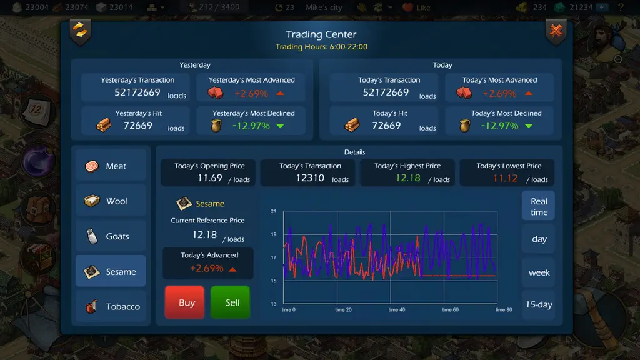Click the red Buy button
tap(184, 302)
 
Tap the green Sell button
tap(231, 302)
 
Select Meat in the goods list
tap(111, 166)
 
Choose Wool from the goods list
tap(111, 201)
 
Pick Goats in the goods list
tap(111, 236)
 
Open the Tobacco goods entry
tap(111, 306)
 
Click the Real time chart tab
tap(538, 206)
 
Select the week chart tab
tap(538, 272)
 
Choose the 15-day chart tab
tap(538, 304)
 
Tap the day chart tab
tap(538, 239)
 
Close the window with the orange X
tap(556, 30)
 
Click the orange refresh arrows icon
tap(81, 31)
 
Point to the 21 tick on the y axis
tap(274, 211)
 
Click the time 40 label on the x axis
tap(397, 310)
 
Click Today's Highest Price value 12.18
tap(407, 178)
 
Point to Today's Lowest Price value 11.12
tap(505, 178)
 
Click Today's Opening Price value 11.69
tap(210, 178)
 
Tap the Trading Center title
tap(321, 34)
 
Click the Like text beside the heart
tap(423, 7)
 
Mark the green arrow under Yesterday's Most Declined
tap(280, 126)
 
